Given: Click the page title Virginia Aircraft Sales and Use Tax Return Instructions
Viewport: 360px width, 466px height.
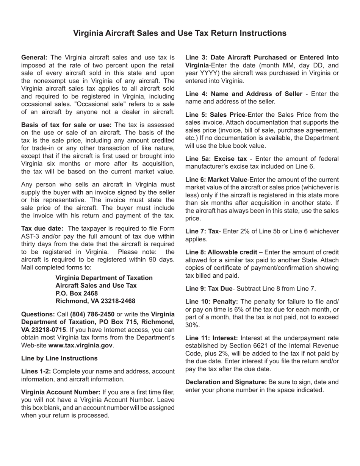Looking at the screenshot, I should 180,33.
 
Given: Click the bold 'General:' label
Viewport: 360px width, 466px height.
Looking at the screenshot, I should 34,58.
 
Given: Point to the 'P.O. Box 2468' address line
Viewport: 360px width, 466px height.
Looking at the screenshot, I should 77,293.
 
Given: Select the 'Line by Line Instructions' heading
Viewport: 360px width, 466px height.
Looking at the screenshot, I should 59,358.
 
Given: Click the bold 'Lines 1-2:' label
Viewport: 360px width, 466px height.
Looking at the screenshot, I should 36,371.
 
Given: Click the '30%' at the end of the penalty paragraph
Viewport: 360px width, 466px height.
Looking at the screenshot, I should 191,325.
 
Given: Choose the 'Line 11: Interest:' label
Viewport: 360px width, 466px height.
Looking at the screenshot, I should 211,338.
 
